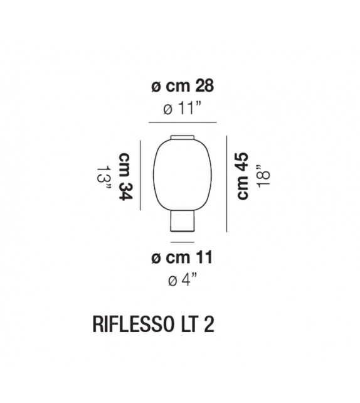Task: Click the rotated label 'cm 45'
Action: (243, 176)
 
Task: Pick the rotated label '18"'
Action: (263, 176)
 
